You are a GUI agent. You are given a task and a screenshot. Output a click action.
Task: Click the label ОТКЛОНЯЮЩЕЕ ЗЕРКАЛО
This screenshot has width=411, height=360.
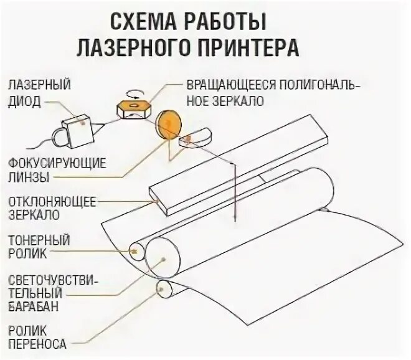coord(51,209)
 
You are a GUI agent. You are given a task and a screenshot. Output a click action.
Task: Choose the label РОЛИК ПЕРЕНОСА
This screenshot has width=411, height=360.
coord(37,336)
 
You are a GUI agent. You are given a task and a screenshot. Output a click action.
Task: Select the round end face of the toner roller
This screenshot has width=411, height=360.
coord(137,251)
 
